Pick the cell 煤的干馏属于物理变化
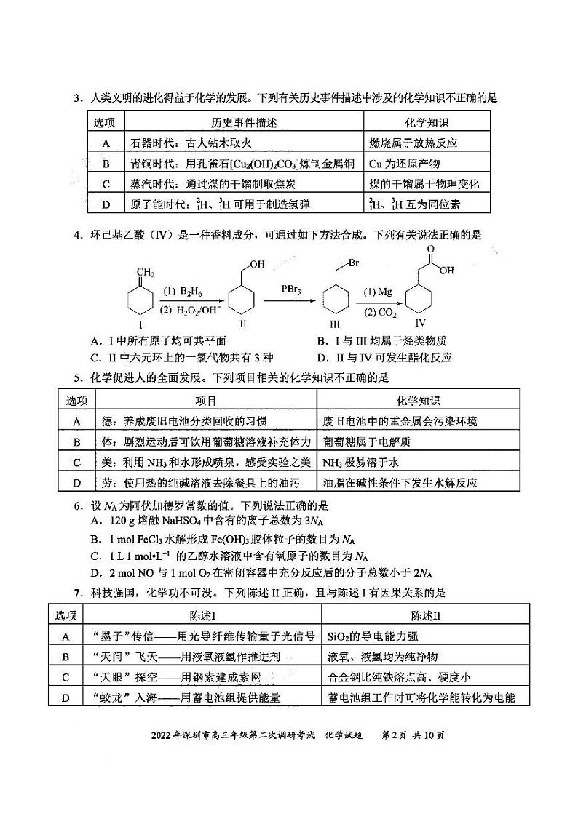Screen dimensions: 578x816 tap(424, 184)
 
